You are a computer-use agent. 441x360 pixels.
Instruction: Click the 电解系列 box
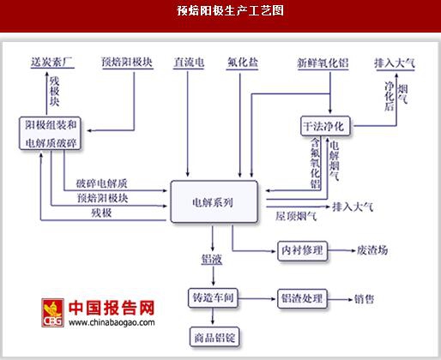tap(214, 201)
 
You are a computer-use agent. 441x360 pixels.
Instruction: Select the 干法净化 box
tap(325, 126)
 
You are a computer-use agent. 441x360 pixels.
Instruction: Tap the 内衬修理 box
tap(302, 250)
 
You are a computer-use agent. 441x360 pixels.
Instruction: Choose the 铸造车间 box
tap(213, 298)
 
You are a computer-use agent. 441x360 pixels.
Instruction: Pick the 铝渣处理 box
tap(302, 298)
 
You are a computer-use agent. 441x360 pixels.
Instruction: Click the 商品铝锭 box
tap(214, 338)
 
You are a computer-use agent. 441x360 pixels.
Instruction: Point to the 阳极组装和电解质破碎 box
tap(50, 133)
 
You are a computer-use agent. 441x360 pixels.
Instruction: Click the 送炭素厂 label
tap(52, 63)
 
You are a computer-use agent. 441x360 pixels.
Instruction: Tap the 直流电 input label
tap(189, 63)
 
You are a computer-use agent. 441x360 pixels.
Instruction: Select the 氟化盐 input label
tap(243, 63)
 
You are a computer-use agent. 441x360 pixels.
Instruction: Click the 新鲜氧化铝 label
tap(323, 63)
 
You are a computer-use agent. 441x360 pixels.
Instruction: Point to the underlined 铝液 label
tap(212, 259)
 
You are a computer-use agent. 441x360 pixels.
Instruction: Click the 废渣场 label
tap(372, 250)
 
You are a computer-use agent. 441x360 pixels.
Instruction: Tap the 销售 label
tap(364, 299)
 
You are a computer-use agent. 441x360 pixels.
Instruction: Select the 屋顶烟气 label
tap(296, 216)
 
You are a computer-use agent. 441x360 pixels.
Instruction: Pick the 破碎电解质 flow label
tap(102, 183)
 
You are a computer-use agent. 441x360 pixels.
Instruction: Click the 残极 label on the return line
tap(101, 213)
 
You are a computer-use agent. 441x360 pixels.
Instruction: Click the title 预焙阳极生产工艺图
tap(230, 11)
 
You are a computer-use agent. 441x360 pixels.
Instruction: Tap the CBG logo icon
tap(52, 313)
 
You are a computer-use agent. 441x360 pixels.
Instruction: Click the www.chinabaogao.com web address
tap(112, 322)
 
